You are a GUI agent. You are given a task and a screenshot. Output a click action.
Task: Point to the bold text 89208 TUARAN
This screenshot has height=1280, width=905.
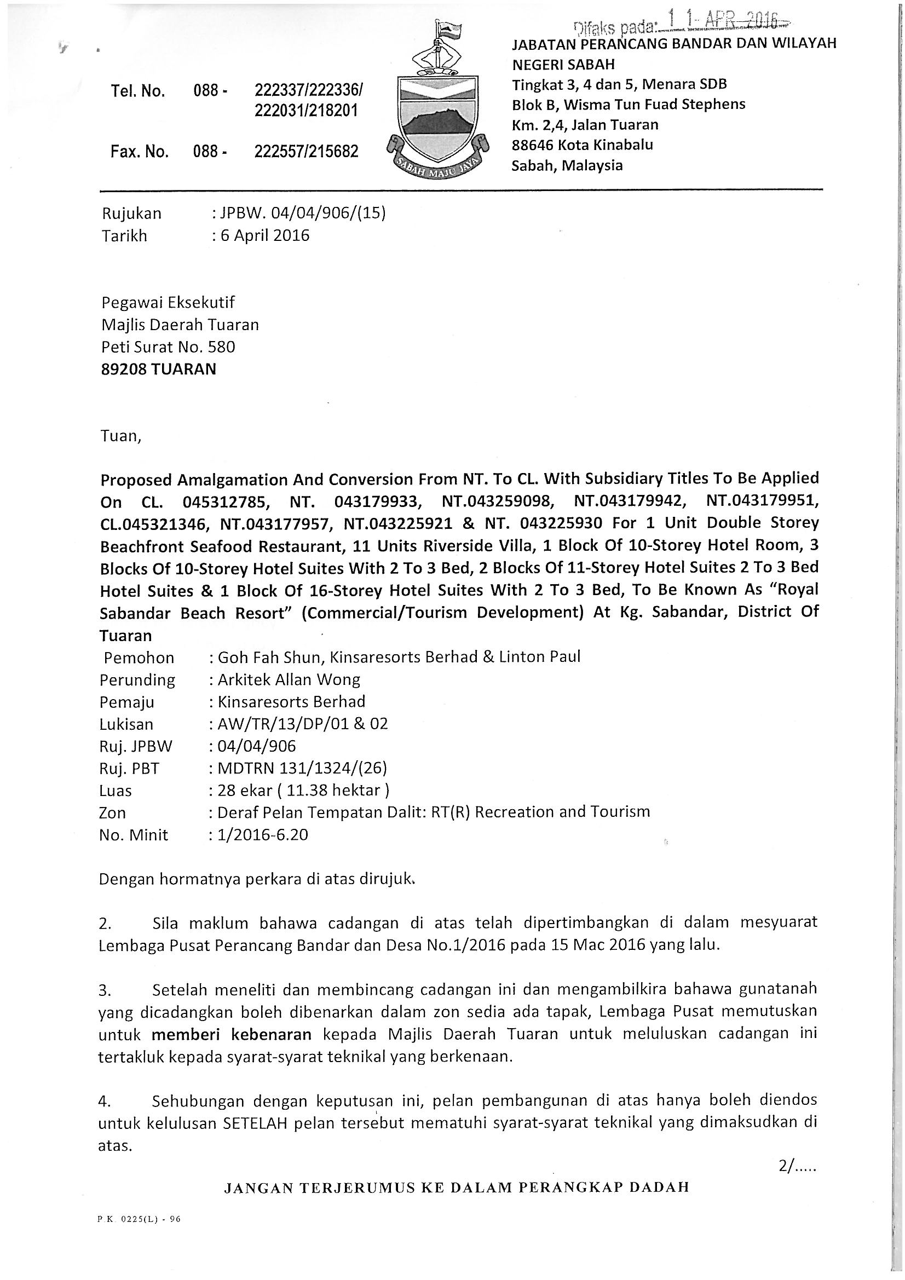coord(158,369)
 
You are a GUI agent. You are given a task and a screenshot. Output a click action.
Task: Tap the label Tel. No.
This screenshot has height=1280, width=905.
coord(138,91)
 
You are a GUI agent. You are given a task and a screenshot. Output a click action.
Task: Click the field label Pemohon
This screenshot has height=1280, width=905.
coord(139,658)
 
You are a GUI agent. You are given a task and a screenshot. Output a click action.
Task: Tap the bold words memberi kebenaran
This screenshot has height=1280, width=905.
coord(232,1034)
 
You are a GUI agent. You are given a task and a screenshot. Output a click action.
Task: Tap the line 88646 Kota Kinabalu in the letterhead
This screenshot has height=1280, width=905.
coord(582,145)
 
